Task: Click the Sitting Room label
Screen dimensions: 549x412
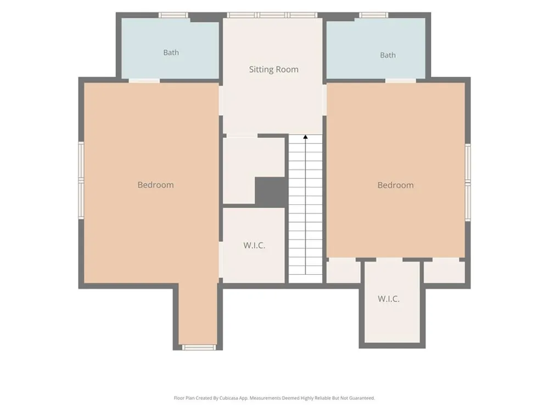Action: [x=274, y=69]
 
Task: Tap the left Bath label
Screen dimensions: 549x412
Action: [x=171, y=53]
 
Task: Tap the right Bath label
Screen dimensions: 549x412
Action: [x=388, y=55]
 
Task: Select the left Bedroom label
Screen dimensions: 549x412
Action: [x=155, y=185]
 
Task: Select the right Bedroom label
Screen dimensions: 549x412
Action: [x=395, y=185]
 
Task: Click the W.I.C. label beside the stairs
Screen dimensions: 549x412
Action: [x=254, y=245]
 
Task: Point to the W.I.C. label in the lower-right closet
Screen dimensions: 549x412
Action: [x=388, y=299]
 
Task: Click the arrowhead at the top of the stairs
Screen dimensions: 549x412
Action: [x=305, y=137]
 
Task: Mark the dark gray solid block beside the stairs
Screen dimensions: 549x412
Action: [x=271, y=192]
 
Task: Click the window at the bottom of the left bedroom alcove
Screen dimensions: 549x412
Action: [x=199, y=347]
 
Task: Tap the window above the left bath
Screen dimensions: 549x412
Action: [x=173, y=15]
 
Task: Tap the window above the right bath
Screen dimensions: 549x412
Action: [x=373, y=15]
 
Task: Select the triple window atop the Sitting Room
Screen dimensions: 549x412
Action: [x=272, y=15]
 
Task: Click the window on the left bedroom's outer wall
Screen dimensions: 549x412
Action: [x=81, y=180]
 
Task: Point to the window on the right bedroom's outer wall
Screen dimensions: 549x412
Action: [x=468, y=182]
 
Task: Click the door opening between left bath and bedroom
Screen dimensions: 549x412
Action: [x=144, y=81]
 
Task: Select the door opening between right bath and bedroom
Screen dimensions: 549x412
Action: [x=401, y=81]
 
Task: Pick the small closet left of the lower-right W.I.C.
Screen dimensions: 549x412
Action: [x=344, y=271]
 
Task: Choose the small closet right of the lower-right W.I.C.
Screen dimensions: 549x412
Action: [x=444, y=271]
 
